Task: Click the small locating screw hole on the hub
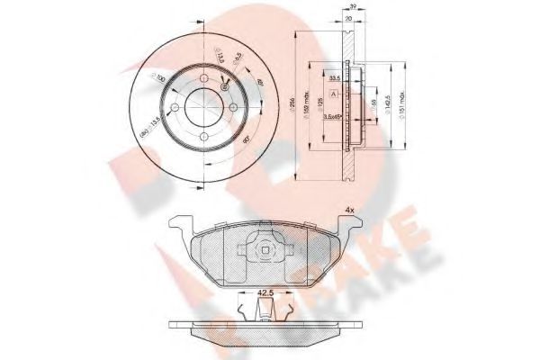click(x=223, y=87)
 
